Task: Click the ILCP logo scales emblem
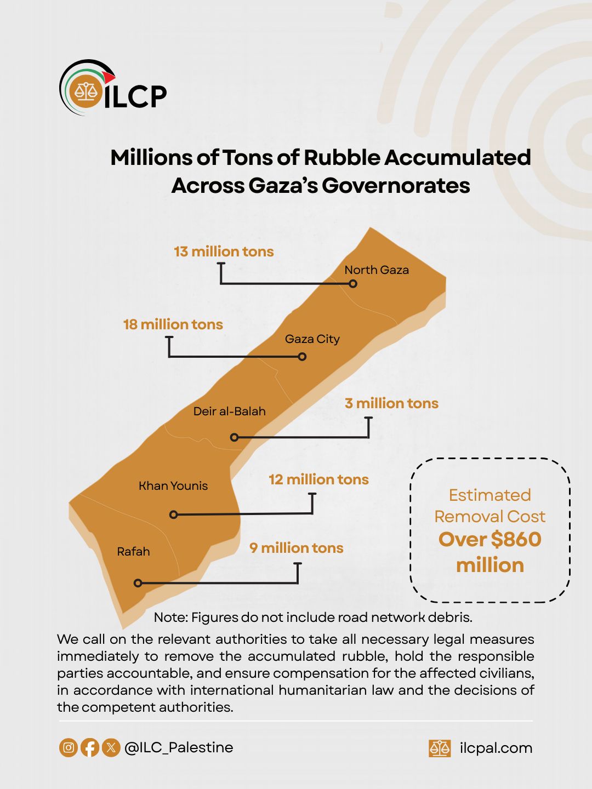coord(86,91)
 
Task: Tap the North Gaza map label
coord(377,270)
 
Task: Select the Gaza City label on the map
coord(312,339)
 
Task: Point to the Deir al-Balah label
coord(229,411)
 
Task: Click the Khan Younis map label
coord(173,486)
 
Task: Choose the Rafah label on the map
coord(133,552)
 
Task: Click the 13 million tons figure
coord(224,251)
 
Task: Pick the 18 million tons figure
coord(173,324)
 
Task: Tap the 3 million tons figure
coord(391,403)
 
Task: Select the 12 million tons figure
coord(318,479)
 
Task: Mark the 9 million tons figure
coord(296,548)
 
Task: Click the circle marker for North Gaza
coord(353,284)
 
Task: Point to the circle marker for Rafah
coord(138,583)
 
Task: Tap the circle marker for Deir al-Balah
coord(235,437)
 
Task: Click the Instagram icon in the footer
coord(69,747)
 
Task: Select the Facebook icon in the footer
coord(90,747)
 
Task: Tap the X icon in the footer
coord(111,747)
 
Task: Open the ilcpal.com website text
coord(496,748)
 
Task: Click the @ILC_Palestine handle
coord(179,747)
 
